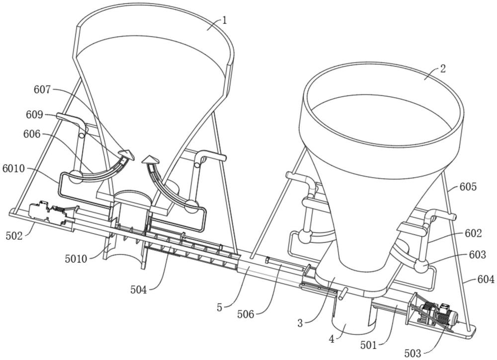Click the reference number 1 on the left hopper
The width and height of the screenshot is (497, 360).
[224, 21]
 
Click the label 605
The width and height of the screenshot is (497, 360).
[468, 187]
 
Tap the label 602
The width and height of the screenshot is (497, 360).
[474, 232]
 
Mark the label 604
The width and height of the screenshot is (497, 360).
[486, 280]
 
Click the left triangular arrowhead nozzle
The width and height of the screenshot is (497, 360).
[128, 155]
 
